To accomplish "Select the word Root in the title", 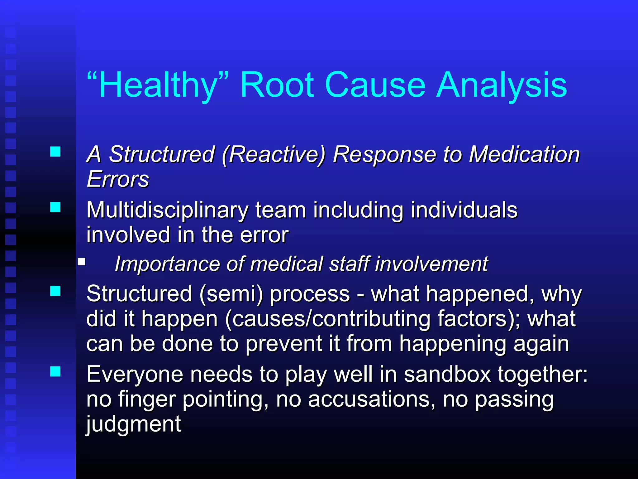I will (277, 85).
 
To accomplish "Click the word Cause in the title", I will (375, 85).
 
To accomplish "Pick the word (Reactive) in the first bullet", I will (273, 154).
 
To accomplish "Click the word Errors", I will (118, 179).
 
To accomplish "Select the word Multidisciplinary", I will (167, 210).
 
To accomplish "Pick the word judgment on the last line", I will (133, 424).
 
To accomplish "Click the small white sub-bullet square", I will (82, 261).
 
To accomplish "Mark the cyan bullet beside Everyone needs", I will (55, 371).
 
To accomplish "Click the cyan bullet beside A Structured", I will (55, 152).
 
